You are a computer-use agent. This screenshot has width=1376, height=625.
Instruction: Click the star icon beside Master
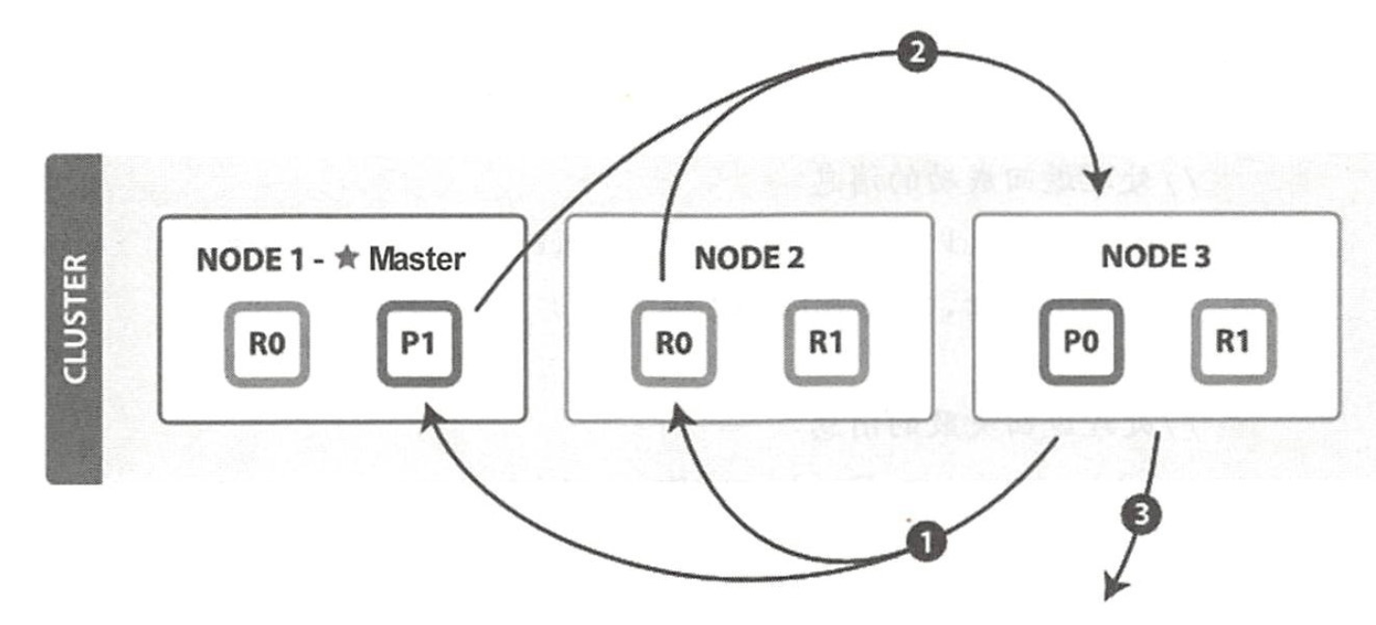click(347, 259)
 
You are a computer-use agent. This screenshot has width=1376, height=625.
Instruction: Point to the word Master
click(415, 259)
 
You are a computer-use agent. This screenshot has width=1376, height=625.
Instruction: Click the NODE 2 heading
click(749, 259)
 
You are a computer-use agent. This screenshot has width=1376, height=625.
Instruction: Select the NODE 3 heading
click(1156, 259)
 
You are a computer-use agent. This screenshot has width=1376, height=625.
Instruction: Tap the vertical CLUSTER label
click(73, 319)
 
